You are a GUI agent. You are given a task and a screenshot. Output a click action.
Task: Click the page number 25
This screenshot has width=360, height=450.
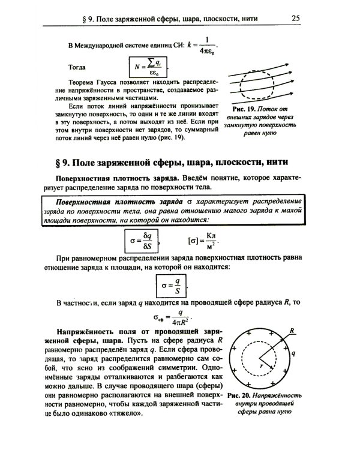(x=295, y=18)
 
